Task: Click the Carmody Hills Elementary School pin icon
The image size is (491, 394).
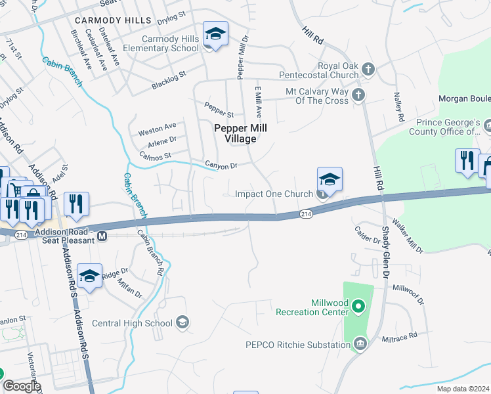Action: tap(215, 33)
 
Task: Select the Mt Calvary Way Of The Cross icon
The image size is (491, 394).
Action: tap(358, 96)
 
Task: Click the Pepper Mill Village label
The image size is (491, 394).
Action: tap(234, 133)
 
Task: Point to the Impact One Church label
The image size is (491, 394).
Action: tap(274, 194)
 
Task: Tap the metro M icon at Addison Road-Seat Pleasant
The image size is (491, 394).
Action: tap(102, 236)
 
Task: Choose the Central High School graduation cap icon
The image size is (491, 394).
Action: tap(183, 322)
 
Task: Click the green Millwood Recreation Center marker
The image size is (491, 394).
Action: tap(358, 306)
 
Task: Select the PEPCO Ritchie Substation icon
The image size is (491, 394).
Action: tap(360, 344)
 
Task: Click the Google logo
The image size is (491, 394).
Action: tap(22, 386)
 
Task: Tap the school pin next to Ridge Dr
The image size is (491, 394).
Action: tap(89, 276)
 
